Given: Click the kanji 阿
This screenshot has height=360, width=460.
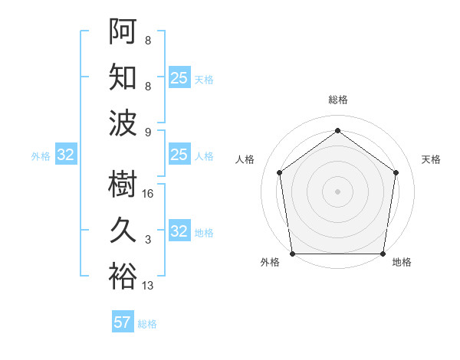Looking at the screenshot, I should (123, 31).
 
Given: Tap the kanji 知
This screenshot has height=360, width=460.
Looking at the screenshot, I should (123, 77).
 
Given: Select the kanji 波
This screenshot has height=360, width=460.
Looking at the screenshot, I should (123, 123).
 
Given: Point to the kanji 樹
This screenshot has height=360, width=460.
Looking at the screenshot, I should (123, 185).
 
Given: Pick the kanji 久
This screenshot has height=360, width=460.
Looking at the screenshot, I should (123, 230).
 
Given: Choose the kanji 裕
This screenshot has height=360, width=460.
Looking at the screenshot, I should (123, 276).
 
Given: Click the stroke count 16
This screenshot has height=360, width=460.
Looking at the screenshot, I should (148, 194).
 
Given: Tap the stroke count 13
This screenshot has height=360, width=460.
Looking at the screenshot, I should (148, 286).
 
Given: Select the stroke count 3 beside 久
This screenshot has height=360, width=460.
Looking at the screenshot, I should (148, 240).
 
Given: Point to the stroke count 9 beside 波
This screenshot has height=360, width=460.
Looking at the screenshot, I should (148, 132).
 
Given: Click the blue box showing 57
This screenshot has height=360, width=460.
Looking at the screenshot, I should (123, 322).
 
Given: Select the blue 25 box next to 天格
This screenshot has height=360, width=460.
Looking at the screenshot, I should (179, 78).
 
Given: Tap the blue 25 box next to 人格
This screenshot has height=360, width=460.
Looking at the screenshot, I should (179, 155).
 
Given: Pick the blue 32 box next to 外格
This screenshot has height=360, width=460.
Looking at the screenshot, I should (66, 155).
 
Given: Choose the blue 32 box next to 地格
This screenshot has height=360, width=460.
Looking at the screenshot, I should (179, 231).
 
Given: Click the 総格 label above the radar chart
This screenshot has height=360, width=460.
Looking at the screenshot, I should (338, 100).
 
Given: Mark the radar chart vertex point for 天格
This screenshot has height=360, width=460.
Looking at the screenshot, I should (396, 172).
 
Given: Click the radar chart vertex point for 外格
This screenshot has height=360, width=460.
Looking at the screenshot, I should (292, 254).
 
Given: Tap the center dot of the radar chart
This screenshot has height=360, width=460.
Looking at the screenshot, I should (337, 191).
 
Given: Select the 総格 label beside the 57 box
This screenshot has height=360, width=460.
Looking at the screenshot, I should (147, 324).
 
